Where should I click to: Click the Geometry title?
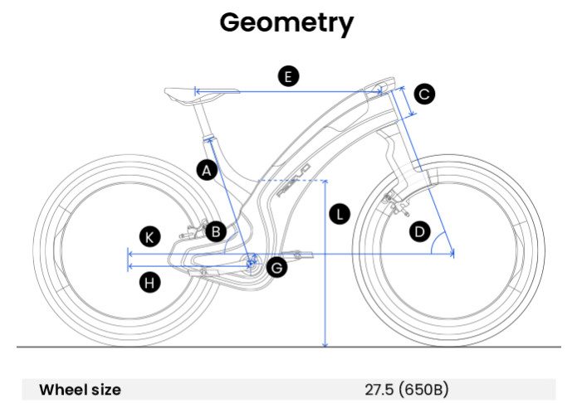pyautogui.click(x=286, y=22)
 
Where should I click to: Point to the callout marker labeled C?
pyautogui.click(x=424, y=95)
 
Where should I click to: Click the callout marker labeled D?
pyautogui.click(x=420, y=231)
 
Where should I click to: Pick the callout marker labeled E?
pyautogui.click(x=287, y=77)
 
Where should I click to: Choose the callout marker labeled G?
pyautogui.click(x=276, y=267)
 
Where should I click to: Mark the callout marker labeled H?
pyautogui.click(x=150, y=283)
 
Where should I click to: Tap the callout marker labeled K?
pyautogui.click(x=149, y=237)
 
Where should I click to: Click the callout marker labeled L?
pyautogui.click(x=340, y=214)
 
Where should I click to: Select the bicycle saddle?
pyautogui.click(x=188, y=92)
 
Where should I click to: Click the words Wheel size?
pyautogui.click(x=81, y=389)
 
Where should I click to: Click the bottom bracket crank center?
pyautogui.click(x=252, y=264)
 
